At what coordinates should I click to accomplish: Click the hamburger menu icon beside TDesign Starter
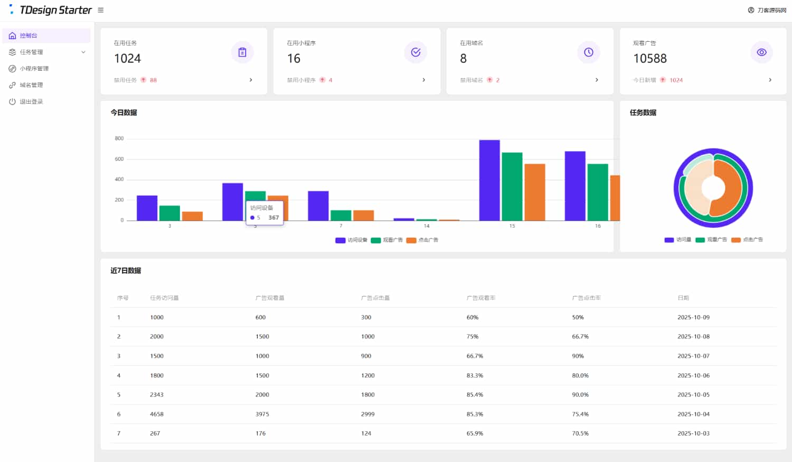[x=101, y=10]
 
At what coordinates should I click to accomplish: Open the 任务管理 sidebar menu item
[x=32, y=52]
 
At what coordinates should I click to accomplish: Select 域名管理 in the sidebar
[x=31, y=85]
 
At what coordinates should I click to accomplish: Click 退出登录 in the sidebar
[x=31, y=101]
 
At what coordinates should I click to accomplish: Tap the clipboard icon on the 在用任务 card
[x=242, y=52]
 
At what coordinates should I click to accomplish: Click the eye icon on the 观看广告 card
[x=761, y=52]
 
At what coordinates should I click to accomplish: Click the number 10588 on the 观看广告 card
[x=650, y=59]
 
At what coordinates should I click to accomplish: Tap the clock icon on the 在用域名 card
[x=588, y=52]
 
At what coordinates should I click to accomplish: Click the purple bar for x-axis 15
[x=489, y=180]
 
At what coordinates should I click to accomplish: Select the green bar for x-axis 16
[x=598, y=192]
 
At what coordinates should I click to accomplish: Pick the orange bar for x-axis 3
[x=192, y=216]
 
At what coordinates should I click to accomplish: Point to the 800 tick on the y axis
[x=119, y=138]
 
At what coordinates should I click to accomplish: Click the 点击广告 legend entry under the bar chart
[x=422, y=240]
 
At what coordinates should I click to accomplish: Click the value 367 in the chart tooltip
[x=274, y=218]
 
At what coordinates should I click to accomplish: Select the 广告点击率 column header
[x=587, y=298]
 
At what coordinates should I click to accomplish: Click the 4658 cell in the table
[x=157, y=414]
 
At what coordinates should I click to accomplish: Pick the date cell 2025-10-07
[x=693, y=356]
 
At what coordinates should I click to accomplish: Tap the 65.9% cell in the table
[x=475, y=433]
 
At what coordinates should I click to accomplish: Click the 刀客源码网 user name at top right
[x=771, y=10]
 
